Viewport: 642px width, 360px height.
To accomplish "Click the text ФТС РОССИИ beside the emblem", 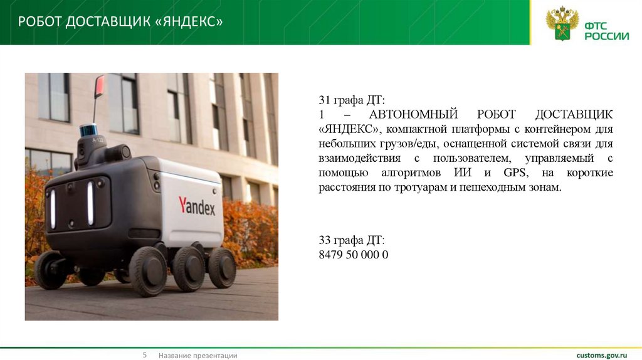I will pyautogui.click(x=606, y=31).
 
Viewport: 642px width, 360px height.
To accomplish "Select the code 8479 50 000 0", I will pyautogui.click(x=354, y=255).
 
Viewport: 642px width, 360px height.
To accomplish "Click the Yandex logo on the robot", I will pyautogui.click(x=196, y=206).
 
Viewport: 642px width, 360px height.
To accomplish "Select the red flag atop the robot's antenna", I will pyautogui.click(x=99, y=86).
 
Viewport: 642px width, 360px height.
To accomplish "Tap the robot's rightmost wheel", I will pyautogui.click(x=222, y=267).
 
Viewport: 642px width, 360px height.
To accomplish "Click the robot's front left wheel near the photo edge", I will pyautogui.click(x=50, y=270).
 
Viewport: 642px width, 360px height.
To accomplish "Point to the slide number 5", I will pyautogui.click(x=144, y=355).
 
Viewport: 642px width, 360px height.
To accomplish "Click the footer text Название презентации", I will pyautogui.click(x=197, y=356).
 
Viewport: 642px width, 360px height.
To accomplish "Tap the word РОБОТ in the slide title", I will pyautogui.click(x=40, y=23).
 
